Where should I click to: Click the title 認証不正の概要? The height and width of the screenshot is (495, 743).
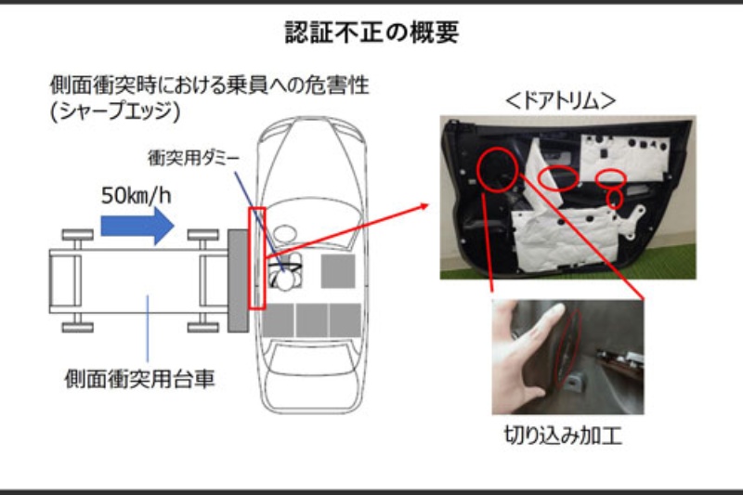[x=372, y=33]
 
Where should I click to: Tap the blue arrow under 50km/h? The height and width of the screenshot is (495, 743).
[x=137, y=226]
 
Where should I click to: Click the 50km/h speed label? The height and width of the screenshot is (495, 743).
[x=136, y=195]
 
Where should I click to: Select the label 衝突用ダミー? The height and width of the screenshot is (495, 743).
[x=194, y=158]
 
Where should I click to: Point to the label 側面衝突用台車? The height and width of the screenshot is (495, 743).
[x=140, y=379]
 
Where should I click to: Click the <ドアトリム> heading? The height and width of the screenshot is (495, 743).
[x=560, y=101]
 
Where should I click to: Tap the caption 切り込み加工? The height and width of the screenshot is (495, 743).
[x=563, y=436]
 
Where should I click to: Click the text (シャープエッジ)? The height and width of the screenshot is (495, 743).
[x=115, y=111]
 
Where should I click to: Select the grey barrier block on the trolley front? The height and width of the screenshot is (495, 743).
[x=238, y=280]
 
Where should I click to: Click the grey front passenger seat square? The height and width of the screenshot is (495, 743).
[x=338, y=271]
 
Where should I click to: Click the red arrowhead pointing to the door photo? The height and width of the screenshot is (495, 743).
[x=424, y=206]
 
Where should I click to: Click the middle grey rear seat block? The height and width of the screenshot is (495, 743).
[x=311, y=320]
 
